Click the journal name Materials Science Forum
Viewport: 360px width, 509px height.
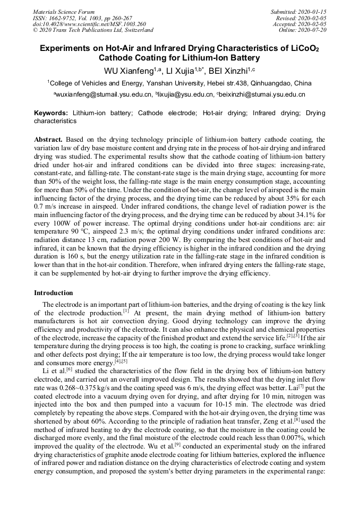click(x=64, y=12)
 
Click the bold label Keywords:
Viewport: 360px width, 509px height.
click(x=51, y=113)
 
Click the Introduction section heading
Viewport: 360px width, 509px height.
click(x=54, y=292)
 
